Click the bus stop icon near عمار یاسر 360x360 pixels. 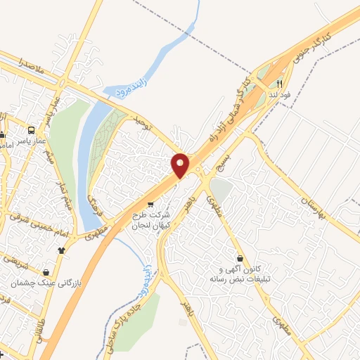32,130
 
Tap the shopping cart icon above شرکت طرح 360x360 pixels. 150,205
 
